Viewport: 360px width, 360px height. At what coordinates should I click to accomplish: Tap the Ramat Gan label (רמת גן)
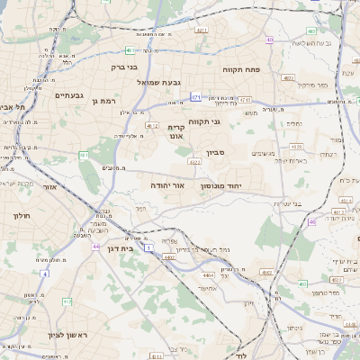105,102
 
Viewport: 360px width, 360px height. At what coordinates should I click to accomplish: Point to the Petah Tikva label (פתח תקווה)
241,68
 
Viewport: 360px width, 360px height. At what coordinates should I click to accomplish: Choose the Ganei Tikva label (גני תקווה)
203,121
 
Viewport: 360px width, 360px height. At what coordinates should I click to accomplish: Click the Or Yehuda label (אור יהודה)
167,184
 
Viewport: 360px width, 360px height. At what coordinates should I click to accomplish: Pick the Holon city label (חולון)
22,216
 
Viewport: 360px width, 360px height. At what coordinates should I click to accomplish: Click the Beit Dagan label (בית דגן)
131,247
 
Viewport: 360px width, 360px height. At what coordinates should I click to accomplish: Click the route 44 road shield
96,245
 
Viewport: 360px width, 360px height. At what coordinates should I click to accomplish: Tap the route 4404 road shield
169,257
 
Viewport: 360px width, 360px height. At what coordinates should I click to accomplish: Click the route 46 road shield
311,221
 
